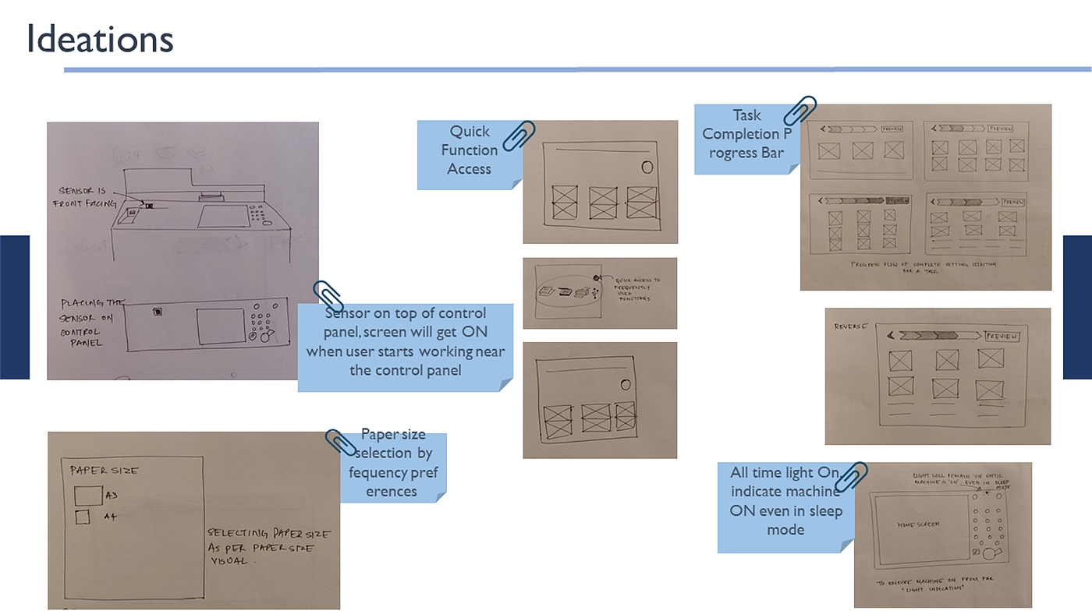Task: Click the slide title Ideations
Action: [x=100, y=39]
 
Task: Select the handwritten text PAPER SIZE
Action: [x=105, y=471]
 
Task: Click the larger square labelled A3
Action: [x=87, y=496]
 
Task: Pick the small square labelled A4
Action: [x=82, y=517]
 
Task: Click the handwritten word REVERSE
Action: [x=851, y=327]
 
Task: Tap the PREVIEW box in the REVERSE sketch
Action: [x=1002, y=336]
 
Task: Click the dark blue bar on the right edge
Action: [x=1077, y=307]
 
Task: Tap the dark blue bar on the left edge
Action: [x=14, y=307]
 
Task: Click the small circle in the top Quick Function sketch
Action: [x=647, y=167]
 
